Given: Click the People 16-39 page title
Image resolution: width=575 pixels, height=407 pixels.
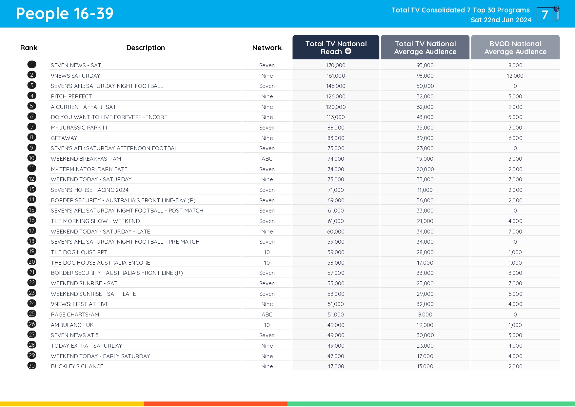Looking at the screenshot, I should [x=65, y=14].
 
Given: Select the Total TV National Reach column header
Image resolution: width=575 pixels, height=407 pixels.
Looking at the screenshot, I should [x=336, y=48].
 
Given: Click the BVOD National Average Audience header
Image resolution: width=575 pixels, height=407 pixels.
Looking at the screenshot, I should [x=515, y=48].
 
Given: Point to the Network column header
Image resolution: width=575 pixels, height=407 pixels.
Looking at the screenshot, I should [x=267, y=48].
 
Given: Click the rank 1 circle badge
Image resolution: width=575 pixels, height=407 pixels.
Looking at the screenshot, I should [x=32, y=65].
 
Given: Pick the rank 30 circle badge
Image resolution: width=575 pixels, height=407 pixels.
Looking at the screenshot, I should [x=32, y=366].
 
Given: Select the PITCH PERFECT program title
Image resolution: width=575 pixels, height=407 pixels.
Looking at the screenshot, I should [x=71, y=96].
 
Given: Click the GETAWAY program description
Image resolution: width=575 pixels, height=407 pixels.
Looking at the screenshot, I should [x=64, y=138].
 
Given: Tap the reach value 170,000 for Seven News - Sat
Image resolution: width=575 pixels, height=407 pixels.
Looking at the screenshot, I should [x=335, y=65].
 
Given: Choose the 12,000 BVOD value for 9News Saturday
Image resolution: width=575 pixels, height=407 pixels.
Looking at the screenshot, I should [x=515, y=76].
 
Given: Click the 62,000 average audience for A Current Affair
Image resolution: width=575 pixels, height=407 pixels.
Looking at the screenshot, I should [x=425, y=107].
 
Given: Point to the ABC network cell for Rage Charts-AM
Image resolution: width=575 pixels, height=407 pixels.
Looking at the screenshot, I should [x=267, y=315].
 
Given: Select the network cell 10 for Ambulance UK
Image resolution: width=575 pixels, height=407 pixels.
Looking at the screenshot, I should [x=267, y=325].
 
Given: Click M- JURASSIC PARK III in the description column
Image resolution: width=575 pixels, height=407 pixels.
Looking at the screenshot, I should [x=79, y=128].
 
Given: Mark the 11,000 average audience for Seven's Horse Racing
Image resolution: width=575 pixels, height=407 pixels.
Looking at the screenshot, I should [x=425, y=190].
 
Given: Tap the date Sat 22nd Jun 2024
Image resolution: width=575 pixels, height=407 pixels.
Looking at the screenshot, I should [x=501, y=20].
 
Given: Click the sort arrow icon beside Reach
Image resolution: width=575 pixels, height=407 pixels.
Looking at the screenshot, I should [x=348, y=51].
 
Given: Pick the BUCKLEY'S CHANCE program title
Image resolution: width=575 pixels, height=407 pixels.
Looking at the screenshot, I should [x=77, y=366].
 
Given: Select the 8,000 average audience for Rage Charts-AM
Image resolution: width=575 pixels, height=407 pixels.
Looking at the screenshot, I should [x=425, y=315].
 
